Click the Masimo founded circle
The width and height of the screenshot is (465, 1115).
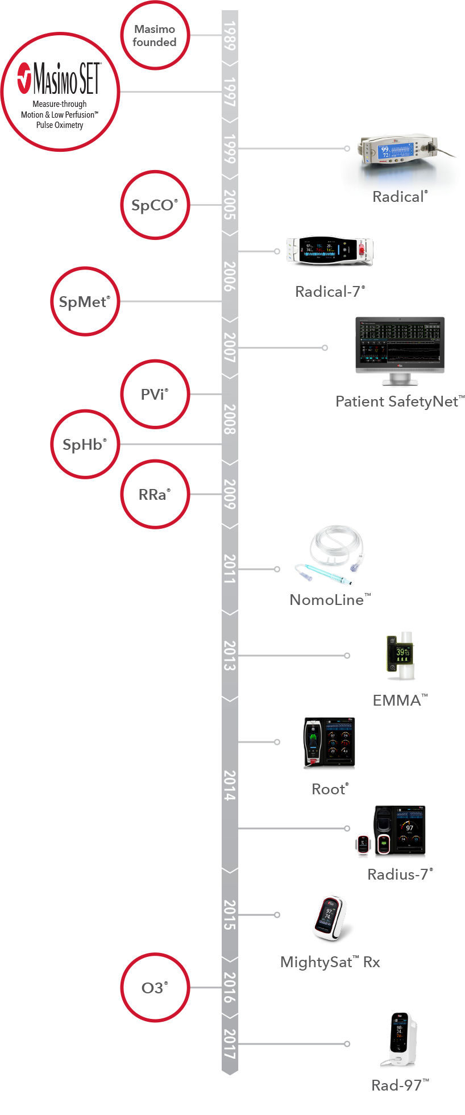[x=155, y=35]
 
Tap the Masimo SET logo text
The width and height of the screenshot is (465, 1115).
[x=67, y=78]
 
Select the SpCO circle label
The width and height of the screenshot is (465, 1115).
[x=155, y=205]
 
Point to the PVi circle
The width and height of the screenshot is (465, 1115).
[x=155, y=394]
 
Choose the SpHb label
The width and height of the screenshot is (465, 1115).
[x=85, y=445]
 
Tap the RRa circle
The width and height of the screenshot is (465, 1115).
[x=155, y=495]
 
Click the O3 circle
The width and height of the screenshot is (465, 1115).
[x=155, y=988]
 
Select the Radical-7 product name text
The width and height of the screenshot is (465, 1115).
[x=330, y=292]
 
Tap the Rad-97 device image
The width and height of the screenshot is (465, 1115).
[x=400, y=1041]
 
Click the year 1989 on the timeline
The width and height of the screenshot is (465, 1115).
[x=230, y=36]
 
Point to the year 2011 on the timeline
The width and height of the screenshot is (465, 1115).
[x=230, y=569]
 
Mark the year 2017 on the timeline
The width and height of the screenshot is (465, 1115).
[x=230, y=1044]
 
